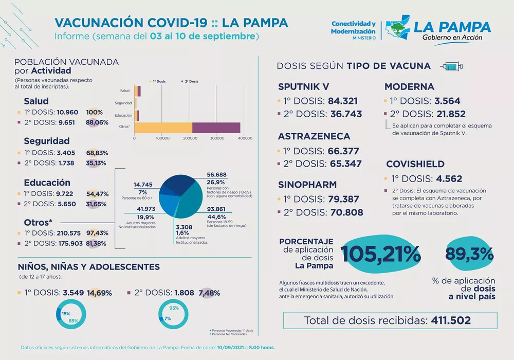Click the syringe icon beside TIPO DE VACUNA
[x=451, y=66]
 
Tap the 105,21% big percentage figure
[x=380, y=253]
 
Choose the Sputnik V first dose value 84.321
[x=342, y=101]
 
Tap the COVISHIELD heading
[x=415, y=164]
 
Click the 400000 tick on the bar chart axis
[x=245, y=138]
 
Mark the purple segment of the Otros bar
[x=216, y=127]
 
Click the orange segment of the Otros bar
[x=163, y=127]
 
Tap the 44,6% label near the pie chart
[x=215, y=217]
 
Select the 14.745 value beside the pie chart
[x=143, y=184]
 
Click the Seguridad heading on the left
[x=47, y=141]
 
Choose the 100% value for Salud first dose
[x=95, y=112]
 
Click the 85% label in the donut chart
[x=74, y=321]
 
